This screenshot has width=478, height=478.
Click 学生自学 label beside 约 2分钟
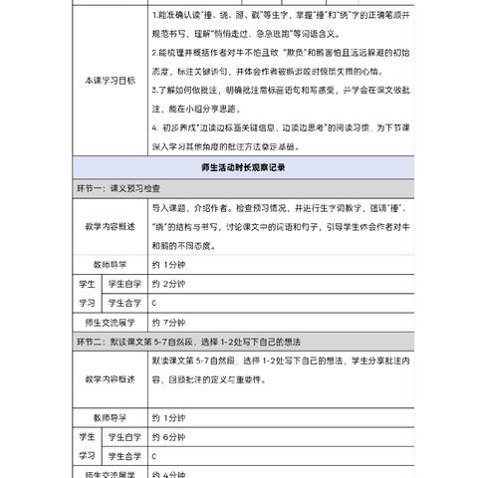(x=120, y=283)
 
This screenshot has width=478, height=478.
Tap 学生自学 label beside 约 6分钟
(x=120, y=435)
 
